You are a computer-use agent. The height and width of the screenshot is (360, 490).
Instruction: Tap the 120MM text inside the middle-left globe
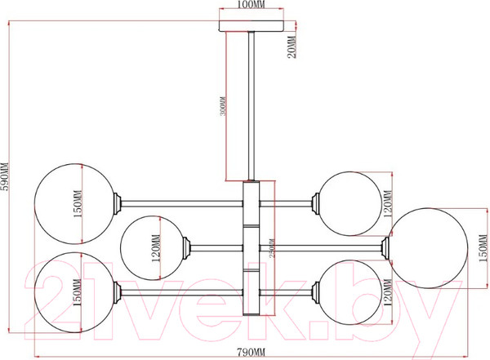click(155, 247)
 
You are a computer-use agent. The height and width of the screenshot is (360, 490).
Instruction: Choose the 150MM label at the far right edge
click(482, 247)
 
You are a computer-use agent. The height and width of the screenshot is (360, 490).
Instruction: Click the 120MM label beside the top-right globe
click(388, 206)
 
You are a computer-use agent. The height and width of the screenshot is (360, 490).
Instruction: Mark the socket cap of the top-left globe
click(119, 199)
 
